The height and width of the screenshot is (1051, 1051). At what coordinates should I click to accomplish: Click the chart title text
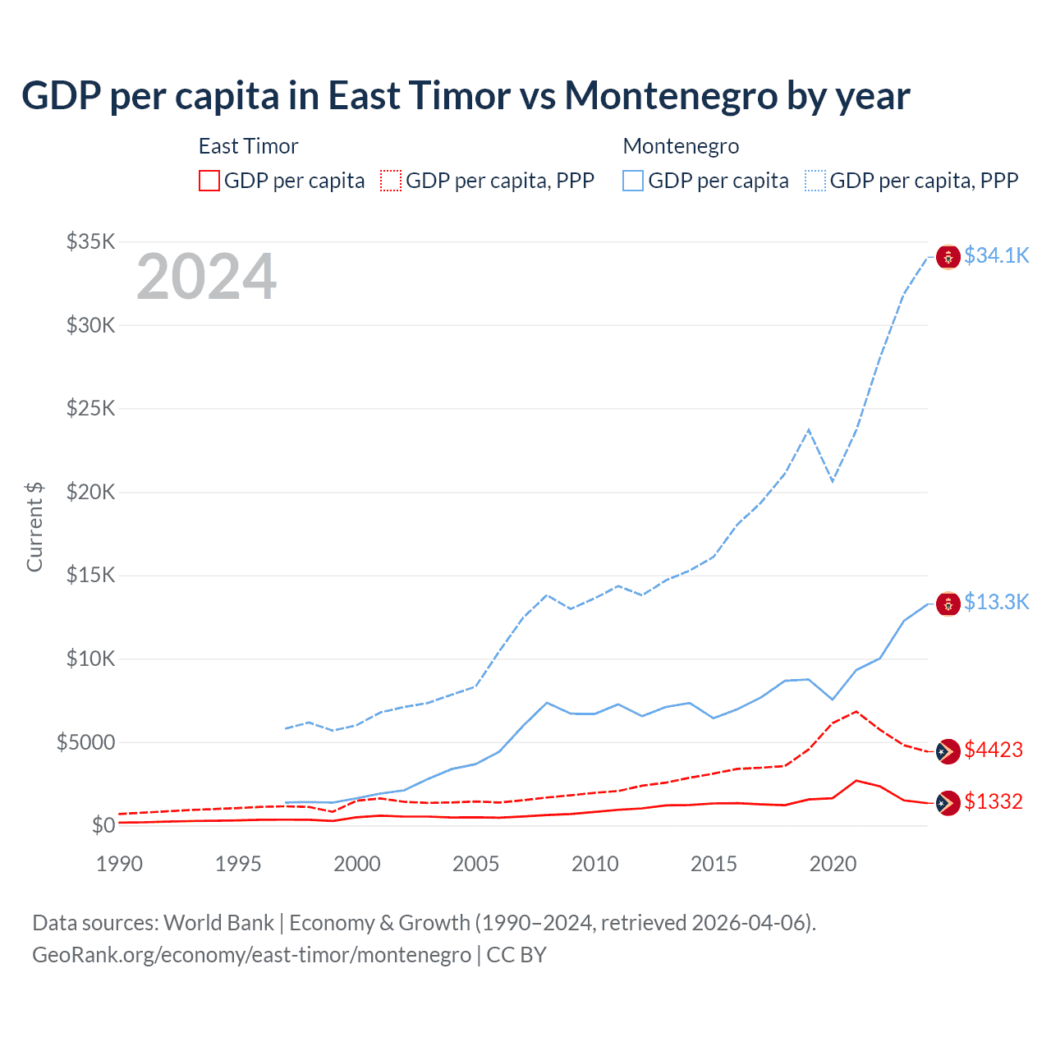466,96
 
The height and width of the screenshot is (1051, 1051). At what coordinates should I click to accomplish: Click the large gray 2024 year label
206,277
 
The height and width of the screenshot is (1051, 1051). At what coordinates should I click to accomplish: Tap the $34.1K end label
996,255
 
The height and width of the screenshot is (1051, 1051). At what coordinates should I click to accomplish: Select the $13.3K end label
996,602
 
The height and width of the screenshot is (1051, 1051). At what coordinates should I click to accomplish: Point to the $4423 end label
994,750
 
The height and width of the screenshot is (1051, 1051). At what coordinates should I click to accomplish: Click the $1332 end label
994,801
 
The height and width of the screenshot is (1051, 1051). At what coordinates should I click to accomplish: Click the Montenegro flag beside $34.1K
948,257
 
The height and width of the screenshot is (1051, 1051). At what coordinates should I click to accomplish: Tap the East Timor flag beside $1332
948,803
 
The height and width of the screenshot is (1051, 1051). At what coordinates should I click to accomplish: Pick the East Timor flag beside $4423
948,751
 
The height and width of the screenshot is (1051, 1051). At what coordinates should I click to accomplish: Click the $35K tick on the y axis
90,241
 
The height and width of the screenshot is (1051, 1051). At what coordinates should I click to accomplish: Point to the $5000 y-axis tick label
85,742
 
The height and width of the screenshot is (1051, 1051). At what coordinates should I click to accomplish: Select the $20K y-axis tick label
90,492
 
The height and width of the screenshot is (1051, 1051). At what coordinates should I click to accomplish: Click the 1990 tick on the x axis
119,864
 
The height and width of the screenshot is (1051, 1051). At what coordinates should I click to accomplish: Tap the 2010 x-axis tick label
594,864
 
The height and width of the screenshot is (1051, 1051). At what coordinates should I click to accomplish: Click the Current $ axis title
34,527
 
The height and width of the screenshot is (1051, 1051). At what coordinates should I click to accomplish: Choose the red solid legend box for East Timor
209,181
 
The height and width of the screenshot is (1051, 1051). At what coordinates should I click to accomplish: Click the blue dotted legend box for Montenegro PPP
815,181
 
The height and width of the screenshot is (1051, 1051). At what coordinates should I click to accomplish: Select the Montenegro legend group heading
681,146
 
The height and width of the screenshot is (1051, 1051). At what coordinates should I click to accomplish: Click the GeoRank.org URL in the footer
251,955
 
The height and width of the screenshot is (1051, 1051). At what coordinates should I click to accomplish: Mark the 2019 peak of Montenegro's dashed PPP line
809,429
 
